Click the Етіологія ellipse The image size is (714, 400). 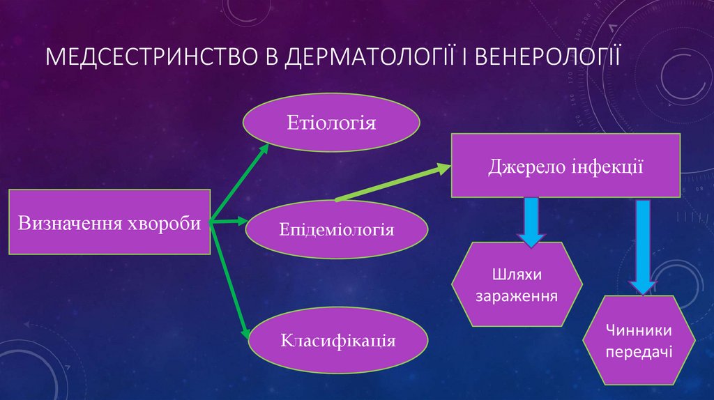331,123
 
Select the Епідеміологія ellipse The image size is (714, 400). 337,229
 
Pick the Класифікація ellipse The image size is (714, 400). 338,341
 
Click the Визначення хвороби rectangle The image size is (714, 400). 109,222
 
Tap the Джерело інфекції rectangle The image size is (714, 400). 565,166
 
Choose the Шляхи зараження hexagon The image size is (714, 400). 517,284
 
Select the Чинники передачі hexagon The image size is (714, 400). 639,339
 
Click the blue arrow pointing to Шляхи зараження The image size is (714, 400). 531,222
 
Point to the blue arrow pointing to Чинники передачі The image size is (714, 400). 643,246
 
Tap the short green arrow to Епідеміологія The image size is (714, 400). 229,222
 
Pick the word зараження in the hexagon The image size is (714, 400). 517,295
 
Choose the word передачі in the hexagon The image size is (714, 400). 639,351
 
